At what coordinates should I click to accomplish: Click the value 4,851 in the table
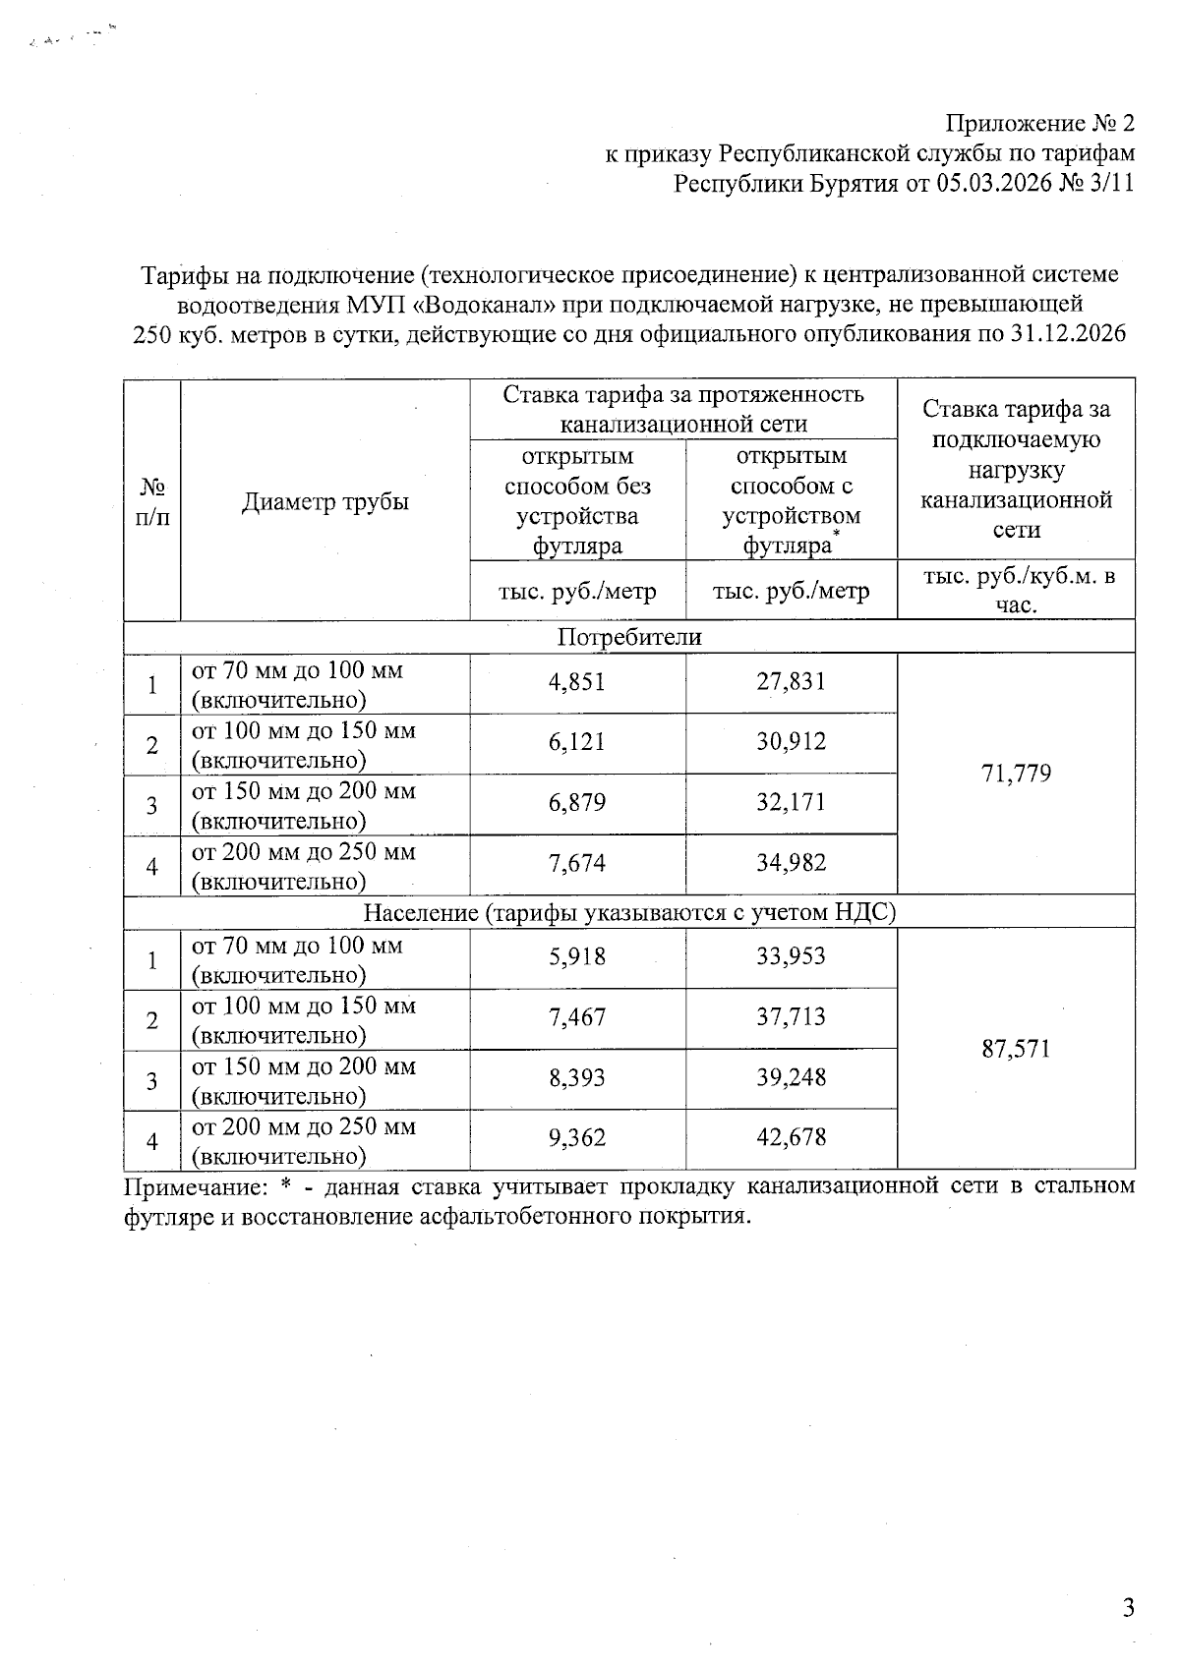pos(577,681)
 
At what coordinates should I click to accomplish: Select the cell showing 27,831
pos(791,681)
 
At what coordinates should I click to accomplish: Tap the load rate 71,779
pos(1016,774)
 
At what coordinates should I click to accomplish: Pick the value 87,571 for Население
pos(1016,1049)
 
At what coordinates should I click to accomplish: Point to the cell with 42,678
pos(791,1138)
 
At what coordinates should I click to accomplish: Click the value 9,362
pos(577,1138)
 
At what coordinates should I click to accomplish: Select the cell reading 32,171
pos(791,802)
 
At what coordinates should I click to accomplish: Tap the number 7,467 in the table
pos(577,1017)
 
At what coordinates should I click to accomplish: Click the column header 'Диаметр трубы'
pos(324,501)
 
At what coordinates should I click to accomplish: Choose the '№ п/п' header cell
pos(151,501)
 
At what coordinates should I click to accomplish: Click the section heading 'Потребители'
pos(629,637)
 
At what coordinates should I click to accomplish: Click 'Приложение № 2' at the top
pos(1039,123)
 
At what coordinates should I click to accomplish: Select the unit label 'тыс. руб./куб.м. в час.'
pos(1016,590)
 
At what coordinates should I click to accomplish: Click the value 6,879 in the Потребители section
pos(577,802)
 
